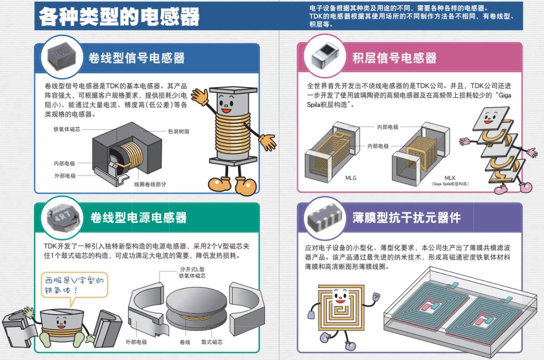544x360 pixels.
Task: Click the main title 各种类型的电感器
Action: coord(119,17)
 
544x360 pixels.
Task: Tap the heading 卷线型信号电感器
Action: coord(137,58)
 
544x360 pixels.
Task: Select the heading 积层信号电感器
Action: coord(394,58)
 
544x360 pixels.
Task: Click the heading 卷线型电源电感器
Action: coord(139,218)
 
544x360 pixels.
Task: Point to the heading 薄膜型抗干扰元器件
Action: coord(406,218)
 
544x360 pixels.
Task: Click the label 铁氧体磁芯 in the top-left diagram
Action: coord(66,129)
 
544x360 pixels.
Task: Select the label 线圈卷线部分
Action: coord(150,184)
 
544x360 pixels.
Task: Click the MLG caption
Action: coord(352,178)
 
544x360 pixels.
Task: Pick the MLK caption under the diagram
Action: coord(450,178)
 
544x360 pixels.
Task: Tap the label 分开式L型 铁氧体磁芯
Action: coord(192,272)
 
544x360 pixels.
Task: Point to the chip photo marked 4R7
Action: coord(60,217)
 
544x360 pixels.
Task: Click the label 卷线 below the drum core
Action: coord(185,342)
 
